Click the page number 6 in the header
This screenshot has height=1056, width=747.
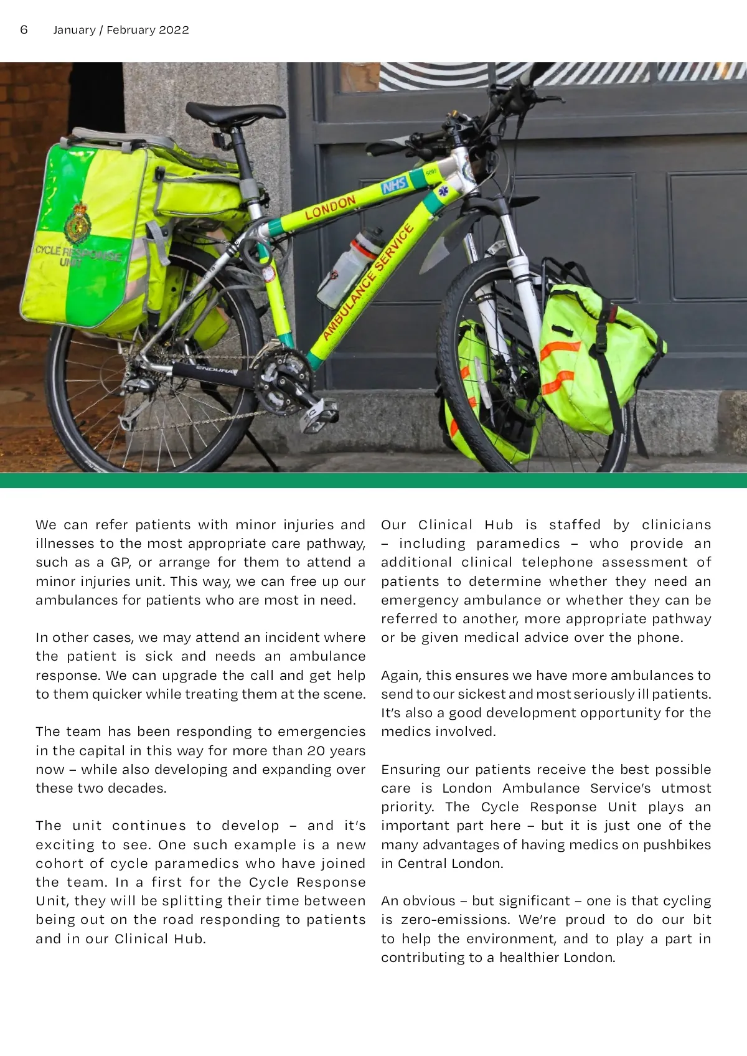click(x=24, y=30)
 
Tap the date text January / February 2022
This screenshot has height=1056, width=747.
click(x=121, y=30)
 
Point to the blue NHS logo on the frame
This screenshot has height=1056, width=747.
click(x=395, y=185)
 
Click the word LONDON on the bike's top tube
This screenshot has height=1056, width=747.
click(x=330, y=208)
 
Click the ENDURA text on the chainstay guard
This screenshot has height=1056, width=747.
click(x=217, y=370)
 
